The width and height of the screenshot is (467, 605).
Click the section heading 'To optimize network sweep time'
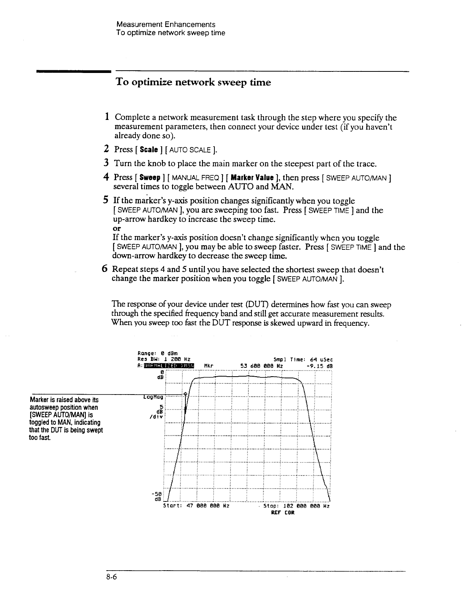tap(193, 82)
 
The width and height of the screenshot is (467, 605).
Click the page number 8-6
tap(111, 578)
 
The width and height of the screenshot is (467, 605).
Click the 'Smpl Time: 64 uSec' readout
tap(303, 359)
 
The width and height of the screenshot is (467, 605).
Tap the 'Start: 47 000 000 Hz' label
tap(196, 506)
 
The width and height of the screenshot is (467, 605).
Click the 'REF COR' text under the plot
tap(282, 513)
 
